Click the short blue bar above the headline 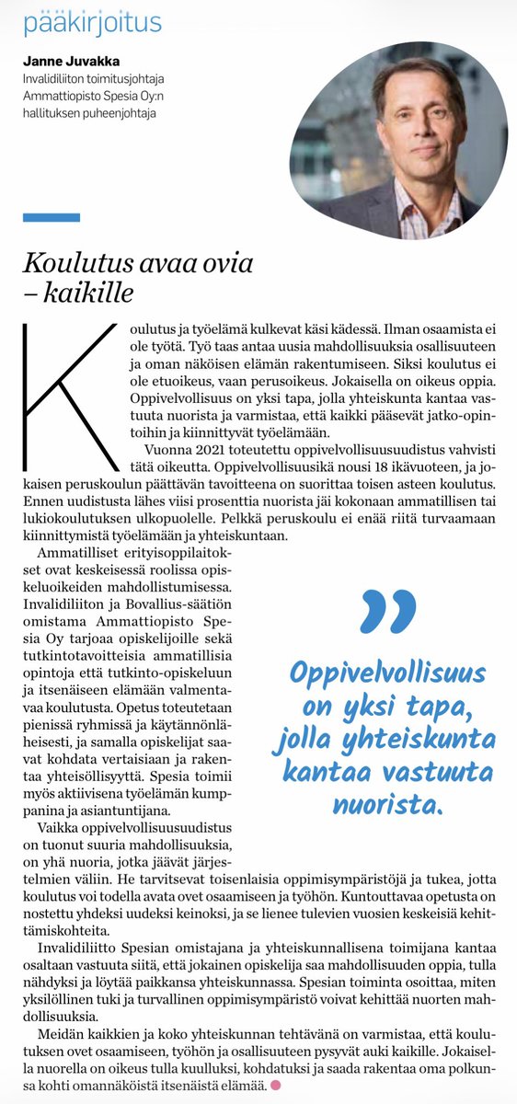click(x=52, y=217)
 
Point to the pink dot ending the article click(x=274, y=1087)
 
